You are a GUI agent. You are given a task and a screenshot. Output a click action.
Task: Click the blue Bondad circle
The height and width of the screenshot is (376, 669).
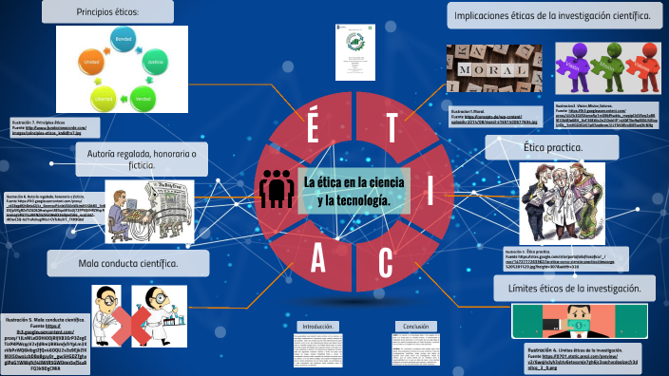123,43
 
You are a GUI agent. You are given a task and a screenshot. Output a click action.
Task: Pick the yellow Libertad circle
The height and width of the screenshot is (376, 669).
104,98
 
